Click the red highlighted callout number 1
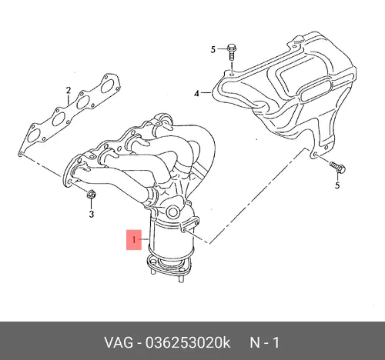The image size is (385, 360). coord(134,240)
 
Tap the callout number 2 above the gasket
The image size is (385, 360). coord(68,91)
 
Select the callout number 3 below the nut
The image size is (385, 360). coord(92,214)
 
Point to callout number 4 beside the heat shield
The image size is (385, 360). coord(196,94)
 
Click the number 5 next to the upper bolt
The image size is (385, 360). coord(213,49)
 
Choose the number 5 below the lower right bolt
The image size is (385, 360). coord(337,185)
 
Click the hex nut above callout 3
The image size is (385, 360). coord(92,195)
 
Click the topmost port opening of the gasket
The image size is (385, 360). coord(108,86)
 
